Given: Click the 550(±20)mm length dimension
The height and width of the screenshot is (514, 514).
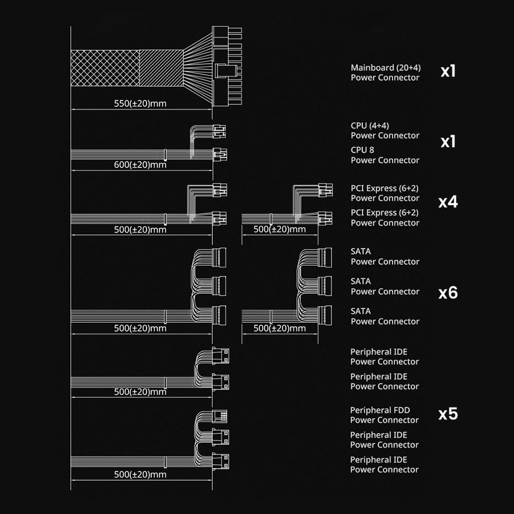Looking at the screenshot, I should click(x=140, y=103).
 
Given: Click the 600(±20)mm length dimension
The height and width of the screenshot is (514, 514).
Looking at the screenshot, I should click(x=140, y=165).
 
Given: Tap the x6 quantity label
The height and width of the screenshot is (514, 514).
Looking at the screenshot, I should click(x=448, y=293).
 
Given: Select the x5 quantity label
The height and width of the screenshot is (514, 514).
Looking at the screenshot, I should click(x=448, y=414).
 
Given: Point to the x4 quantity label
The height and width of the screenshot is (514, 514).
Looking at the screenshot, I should click(x=448, y=202).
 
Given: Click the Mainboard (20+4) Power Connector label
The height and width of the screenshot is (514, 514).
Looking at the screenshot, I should click(x=385, y=72).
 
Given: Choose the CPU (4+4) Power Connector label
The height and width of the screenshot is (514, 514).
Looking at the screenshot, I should click(x=385, y=131).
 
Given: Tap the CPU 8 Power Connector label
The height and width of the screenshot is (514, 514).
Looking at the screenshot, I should click(x=385, y=155).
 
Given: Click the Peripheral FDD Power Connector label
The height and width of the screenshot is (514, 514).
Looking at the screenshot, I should click(x=384, y=415).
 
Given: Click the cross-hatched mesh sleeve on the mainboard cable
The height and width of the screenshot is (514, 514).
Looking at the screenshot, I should click(x=105, y=68).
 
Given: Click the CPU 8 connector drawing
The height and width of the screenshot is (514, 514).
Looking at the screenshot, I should click(x=220, y=153).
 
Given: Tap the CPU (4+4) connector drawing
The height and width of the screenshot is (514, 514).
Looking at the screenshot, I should click(x=219, y=131).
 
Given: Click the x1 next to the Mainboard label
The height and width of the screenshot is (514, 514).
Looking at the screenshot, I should click(x=448, y=71).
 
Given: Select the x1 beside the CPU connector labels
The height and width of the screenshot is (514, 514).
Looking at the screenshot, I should click(x=448, y=142).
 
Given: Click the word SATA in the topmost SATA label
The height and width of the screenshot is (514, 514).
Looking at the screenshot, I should click(x=360, y=251).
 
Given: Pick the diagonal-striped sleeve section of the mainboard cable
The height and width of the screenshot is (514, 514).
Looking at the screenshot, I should click(x=161, y=68).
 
